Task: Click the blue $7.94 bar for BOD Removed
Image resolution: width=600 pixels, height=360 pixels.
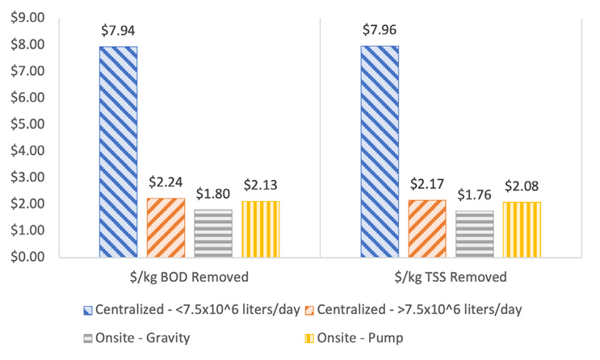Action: coord(118,152)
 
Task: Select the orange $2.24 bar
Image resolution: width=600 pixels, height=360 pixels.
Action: coord(166,228)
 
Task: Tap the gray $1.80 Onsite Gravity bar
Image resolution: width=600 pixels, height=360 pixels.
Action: coord(213,233)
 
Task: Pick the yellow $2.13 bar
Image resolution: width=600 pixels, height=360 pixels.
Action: coord(260,229)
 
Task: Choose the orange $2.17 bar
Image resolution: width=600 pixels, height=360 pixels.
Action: coord(426,228)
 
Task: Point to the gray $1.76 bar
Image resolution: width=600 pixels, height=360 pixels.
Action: coord(474,234)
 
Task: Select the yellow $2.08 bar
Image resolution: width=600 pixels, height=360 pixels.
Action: coord(521,230)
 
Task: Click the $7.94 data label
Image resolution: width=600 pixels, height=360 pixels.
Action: coord(118,31)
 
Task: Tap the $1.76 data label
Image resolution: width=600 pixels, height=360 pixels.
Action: coord(474,195)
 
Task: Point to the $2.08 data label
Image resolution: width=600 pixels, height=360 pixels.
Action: coord(521,186)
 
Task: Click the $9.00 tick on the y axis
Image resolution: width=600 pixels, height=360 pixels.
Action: coord(29,18)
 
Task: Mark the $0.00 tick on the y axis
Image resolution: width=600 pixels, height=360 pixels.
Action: coord(29,257)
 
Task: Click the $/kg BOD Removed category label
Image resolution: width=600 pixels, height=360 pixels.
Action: coord(189,277)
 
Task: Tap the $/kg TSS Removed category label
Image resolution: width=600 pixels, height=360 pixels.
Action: coord(450,277)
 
